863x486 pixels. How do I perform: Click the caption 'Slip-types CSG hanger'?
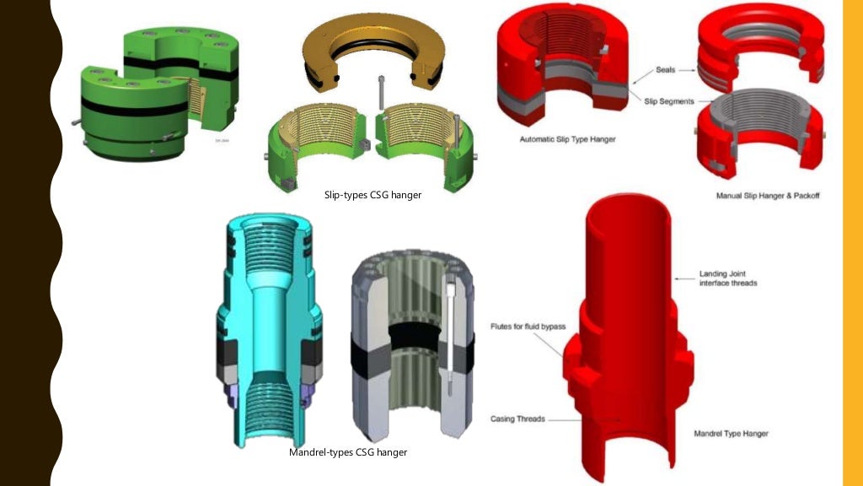373,195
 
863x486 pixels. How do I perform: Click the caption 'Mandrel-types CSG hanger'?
348,452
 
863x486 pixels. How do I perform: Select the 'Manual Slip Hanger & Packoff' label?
768,196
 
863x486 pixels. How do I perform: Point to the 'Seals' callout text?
668,71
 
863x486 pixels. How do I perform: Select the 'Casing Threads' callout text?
517,418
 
